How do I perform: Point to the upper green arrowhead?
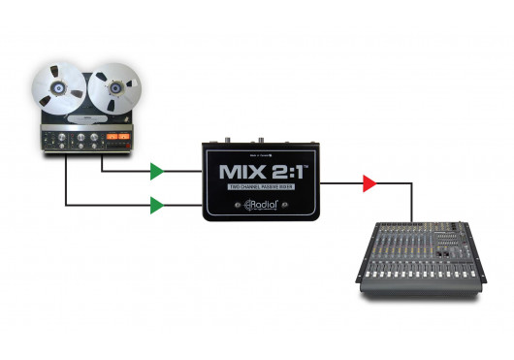point(157,174)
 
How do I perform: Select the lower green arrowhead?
point(157,204)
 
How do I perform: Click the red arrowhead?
point(369,182)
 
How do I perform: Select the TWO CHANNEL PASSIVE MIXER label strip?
point(259,187)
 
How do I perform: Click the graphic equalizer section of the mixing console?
point(446,239)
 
